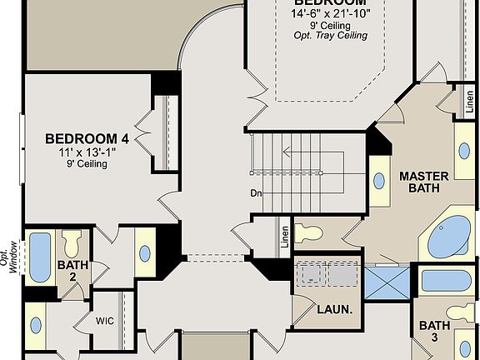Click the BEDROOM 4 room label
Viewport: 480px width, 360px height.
pyautogui.click(x=87, y=138)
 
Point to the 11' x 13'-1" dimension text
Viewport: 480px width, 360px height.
pyautogui.click(x=87, y=152)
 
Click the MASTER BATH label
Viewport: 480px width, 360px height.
pyautogui.click(x=423, y=182)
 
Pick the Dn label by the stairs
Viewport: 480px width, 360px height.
pyautogui.click(x=257, y=193)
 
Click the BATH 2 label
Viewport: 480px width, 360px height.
pyautogui.click(x=72, y=272)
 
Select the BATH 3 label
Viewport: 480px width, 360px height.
pyautogui.click(x=434, y=332)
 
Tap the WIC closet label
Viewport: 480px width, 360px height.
pyautogui.click(x=105, y=318)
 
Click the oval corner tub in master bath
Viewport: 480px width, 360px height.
pyautogui.click(x=451, y=237)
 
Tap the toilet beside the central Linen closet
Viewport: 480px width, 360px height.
pyautogui.click(x=307, y=232)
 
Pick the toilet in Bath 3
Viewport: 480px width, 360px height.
pyautogui.click(x=461, y=313)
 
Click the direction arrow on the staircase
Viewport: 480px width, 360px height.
pyautogui.click(x=287, y=152)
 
